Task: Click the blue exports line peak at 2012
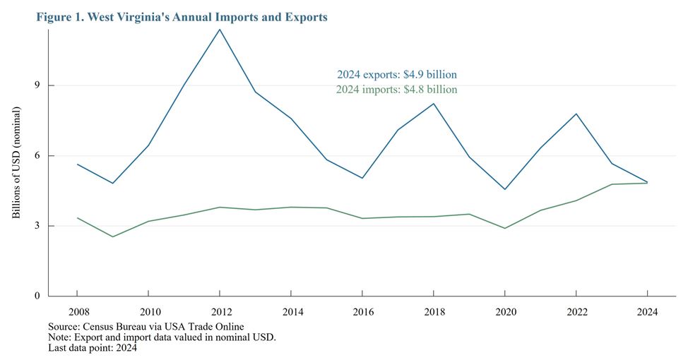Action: [220, 30]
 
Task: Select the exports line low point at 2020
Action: [505, 189]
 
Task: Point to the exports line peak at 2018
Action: [434, 104]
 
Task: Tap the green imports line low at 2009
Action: [112, 236]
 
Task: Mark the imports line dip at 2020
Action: [505, 228]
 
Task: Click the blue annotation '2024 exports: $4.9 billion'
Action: [396, 74]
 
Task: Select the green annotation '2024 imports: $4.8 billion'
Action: [396, 90]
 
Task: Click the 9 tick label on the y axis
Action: [32, 85]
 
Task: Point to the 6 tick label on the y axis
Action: [32, 156]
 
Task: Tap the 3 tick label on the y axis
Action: [32, 226]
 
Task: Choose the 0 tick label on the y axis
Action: [32, 296]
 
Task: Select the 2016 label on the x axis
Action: [362, 311]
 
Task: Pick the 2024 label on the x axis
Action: [648, 311]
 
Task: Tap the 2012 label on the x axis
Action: [220, 311]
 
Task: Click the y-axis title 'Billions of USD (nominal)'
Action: [16, 163]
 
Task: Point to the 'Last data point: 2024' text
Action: [93, 347]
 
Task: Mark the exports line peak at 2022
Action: [576, 114]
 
